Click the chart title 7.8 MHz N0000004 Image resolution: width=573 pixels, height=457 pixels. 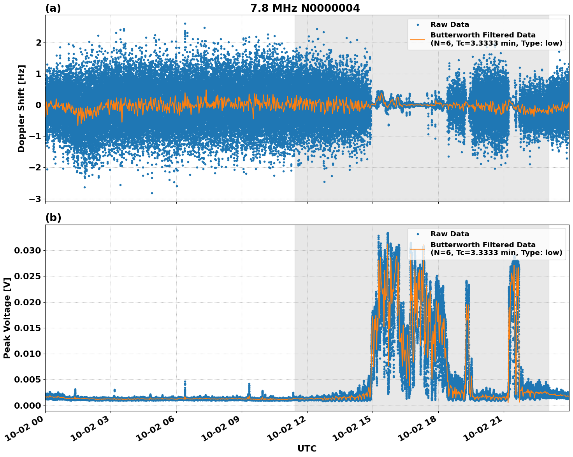click(x=305, y=8)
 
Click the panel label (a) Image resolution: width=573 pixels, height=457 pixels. click(x=53, y=8)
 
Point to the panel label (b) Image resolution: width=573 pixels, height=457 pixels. click(x=53, y=218)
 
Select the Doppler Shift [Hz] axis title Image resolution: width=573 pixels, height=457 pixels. click(x=21, y=108)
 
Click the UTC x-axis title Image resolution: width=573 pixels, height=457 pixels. click(x=307, y=448)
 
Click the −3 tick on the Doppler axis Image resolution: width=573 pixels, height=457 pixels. click(x=35, y=199)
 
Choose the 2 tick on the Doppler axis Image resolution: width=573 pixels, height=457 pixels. click(x=38, y=42)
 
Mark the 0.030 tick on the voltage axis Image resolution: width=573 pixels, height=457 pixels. click(x=27, y=250)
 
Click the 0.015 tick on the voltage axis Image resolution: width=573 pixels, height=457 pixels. click(x=27, y=328)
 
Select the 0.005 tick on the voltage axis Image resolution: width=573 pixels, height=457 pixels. click(x=27, y=379)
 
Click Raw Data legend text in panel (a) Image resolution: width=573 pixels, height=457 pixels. click(x=450, y=25)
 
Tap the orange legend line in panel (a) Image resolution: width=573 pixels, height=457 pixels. click(x=417, y=39)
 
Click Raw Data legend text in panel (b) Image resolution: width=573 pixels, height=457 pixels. click(x=450, y=234)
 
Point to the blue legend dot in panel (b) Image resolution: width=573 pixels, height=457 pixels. click(x=417, y=234)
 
